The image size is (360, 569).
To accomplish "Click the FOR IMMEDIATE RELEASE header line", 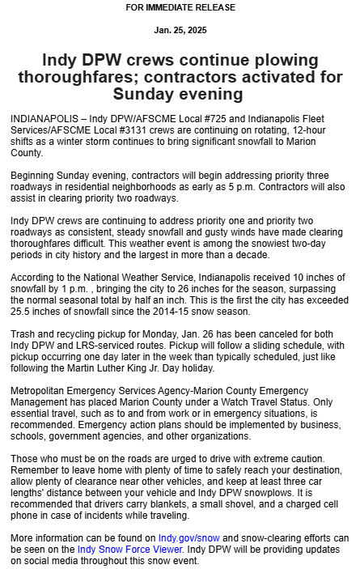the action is point(180,8).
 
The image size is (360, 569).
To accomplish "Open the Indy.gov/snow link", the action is point(188,537).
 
